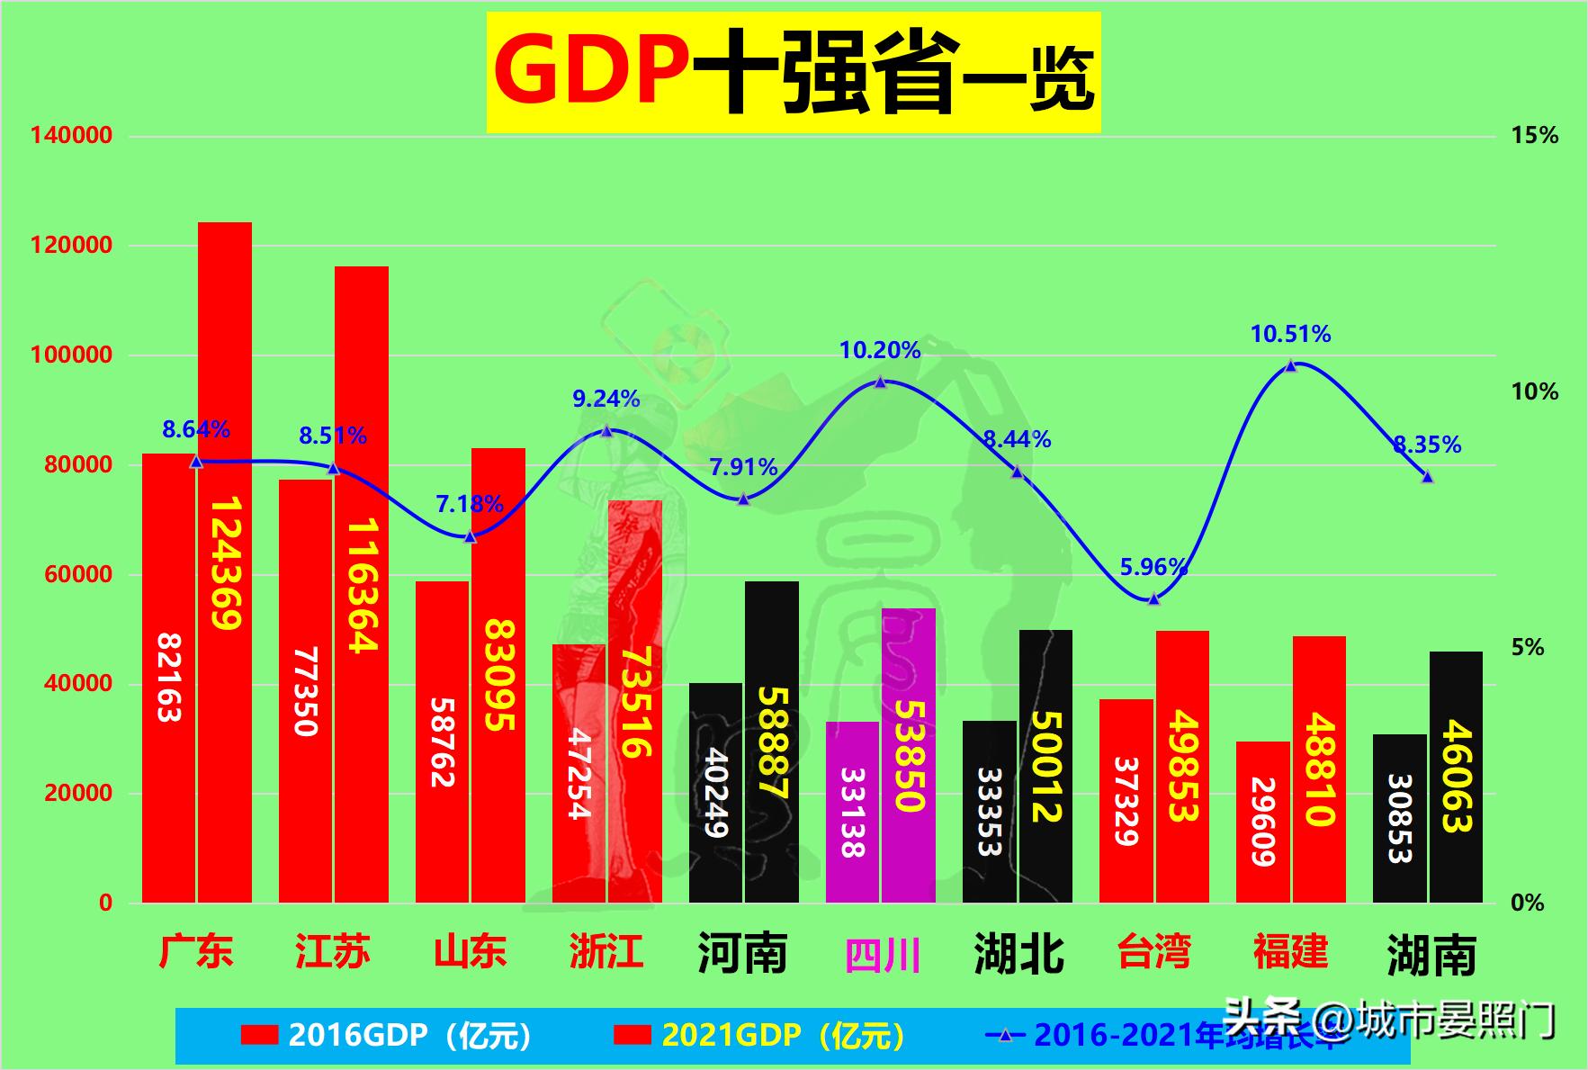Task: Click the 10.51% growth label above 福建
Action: (1290, 335)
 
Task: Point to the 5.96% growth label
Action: (1153, 567)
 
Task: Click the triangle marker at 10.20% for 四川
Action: (881, 382)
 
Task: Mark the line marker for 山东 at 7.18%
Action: (470, 536)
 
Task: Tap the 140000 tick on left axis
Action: (72, 136)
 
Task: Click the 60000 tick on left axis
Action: (78, 574)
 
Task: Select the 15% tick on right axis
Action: (1534, 136)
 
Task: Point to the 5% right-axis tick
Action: (1527, 647)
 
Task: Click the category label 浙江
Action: (606, 952)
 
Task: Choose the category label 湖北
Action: (1018, 954)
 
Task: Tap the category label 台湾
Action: (1154, 952)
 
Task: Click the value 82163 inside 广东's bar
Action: (169, 678)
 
